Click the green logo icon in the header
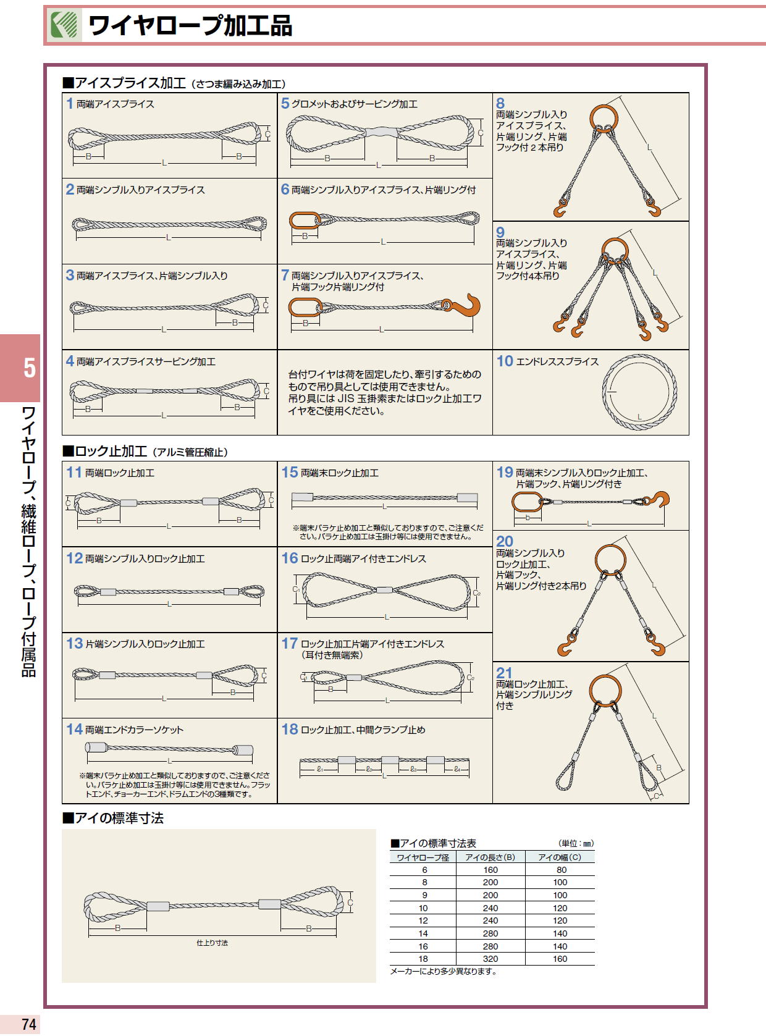pos(65,26)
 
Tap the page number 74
pos(28,1024)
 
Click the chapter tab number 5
pos(29,368)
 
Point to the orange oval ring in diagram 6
pos(305,221)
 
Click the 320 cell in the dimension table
pos(490,959)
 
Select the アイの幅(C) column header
pos(559,857)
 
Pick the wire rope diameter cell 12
pos(423,920)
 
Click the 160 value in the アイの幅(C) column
pos(560,959)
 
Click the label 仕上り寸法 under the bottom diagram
pos(212,943)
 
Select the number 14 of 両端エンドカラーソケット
pos(74,729)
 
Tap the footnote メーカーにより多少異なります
pos(443,971)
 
